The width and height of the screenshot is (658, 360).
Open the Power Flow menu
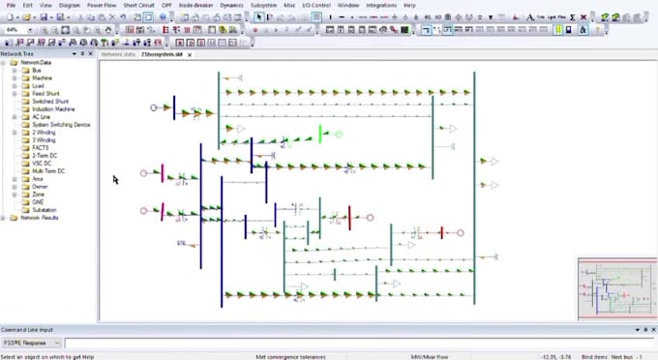[x=102, y=5]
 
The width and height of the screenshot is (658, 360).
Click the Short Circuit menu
[x=138, y=5]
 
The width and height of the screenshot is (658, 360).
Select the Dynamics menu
[x=232, y=5]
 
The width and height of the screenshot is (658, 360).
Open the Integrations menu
[x=381, y=5]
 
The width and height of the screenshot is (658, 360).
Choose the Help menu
[x=410, y=5]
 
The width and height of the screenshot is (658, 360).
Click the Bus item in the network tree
[x=37, y=70]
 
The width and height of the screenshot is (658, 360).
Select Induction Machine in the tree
[x=53, y=109]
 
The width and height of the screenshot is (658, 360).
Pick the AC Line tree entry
[x=42, y=117]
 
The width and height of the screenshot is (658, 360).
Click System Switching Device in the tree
[x=61, y=125]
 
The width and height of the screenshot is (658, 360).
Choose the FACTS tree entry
[x=41, y=148]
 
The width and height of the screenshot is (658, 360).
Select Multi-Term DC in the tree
[x=48, y=171]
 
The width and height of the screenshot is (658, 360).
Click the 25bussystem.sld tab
[x=162, y=55]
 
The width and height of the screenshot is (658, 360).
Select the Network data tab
[x=120, y=55]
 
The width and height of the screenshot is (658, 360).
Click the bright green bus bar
[x=320, y=133]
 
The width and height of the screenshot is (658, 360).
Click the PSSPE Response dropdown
[x=32, y=343]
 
